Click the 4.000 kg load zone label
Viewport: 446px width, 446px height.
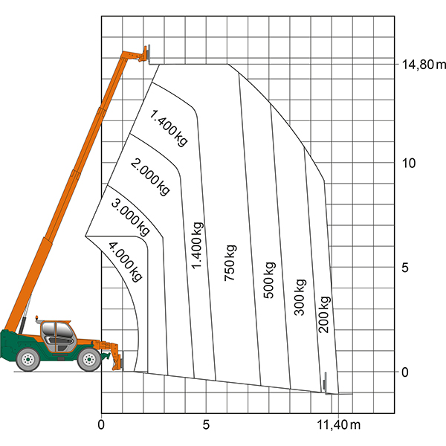pos(125,262)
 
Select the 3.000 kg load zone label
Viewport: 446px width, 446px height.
pos(130,218)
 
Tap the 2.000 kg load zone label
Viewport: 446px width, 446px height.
pos(150,177)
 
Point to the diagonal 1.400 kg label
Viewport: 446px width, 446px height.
pos(169,128)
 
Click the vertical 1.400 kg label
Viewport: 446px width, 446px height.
pos(197,245)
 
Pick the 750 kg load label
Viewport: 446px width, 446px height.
pos(230,263)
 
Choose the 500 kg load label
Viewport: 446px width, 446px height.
pos(269,280)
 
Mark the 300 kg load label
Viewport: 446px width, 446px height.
pos(300,297)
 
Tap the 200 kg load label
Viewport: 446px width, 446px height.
pos(324,314)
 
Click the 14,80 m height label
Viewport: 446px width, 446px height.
pos(423,65)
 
